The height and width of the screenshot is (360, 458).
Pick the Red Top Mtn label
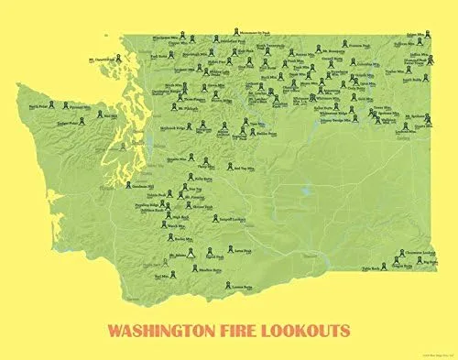[x=245, y=169]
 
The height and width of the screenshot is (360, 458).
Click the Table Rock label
[x=370, y=268]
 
